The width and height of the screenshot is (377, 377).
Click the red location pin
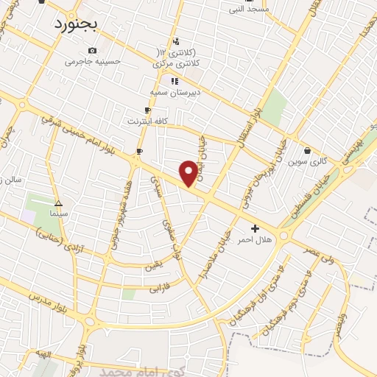coord(189,172)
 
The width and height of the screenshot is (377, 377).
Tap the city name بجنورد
coord(85,24)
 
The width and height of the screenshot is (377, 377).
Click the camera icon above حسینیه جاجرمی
coord(92,51)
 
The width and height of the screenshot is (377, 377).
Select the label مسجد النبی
coord(249,10)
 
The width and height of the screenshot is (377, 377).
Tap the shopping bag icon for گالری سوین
coord(307,151)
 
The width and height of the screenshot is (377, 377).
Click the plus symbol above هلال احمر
coord(256,229)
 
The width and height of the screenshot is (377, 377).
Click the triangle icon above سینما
coord(58,204)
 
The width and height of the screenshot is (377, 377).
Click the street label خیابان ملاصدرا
coord(222,247)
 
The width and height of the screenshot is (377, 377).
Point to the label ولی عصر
coord(318,248)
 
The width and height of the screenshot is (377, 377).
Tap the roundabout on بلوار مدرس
coord(91,322)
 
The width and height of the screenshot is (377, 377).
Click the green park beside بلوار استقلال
coord(275,108)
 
